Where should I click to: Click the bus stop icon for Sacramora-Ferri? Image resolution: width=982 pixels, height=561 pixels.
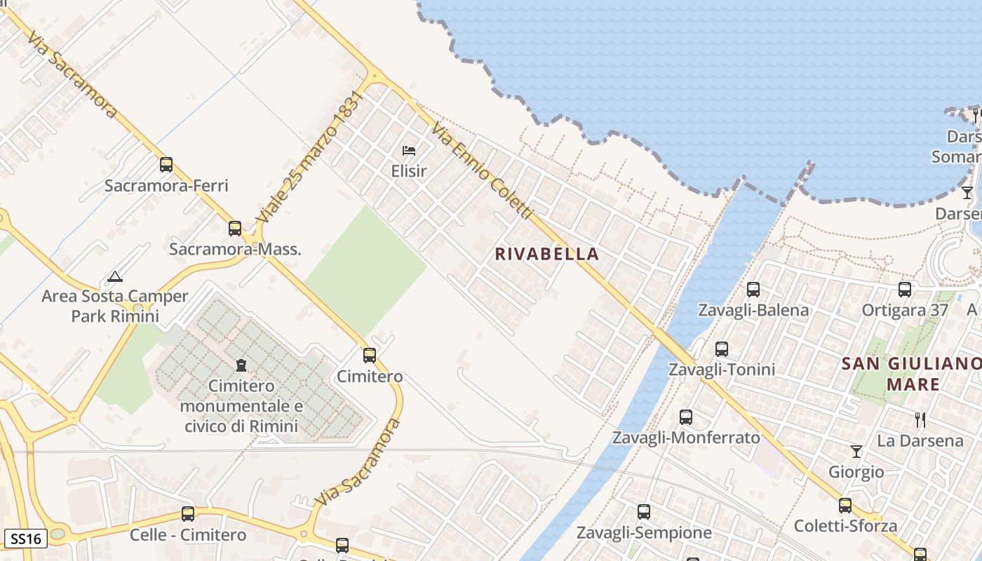166,165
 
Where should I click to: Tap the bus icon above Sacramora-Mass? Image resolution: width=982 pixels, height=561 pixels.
235,229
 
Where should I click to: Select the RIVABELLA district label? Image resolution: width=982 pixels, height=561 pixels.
547,254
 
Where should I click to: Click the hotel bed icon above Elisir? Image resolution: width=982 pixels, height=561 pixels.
409,150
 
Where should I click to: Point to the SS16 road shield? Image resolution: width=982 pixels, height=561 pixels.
26,539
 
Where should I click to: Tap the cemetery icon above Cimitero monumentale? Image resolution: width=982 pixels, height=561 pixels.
241,365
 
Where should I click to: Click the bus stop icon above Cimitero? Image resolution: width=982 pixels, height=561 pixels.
370,356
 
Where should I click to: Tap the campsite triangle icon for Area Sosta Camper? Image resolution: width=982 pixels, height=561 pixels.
115,276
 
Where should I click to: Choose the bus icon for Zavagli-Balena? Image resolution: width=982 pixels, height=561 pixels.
753,289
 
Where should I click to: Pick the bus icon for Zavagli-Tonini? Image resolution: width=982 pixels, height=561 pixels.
722,349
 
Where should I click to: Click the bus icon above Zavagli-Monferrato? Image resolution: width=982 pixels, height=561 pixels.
686,417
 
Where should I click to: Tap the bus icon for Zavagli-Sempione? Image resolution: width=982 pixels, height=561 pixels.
644,512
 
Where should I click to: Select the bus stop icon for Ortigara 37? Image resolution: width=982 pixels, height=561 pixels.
905,289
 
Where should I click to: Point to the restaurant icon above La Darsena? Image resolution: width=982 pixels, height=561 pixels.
920,420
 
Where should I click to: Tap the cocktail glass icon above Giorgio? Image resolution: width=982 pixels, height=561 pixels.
856,451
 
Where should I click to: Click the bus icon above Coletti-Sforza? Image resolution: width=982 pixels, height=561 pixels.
845,505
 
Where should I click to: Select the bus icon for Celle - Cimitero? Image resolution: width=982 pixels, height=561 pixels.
188,513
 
